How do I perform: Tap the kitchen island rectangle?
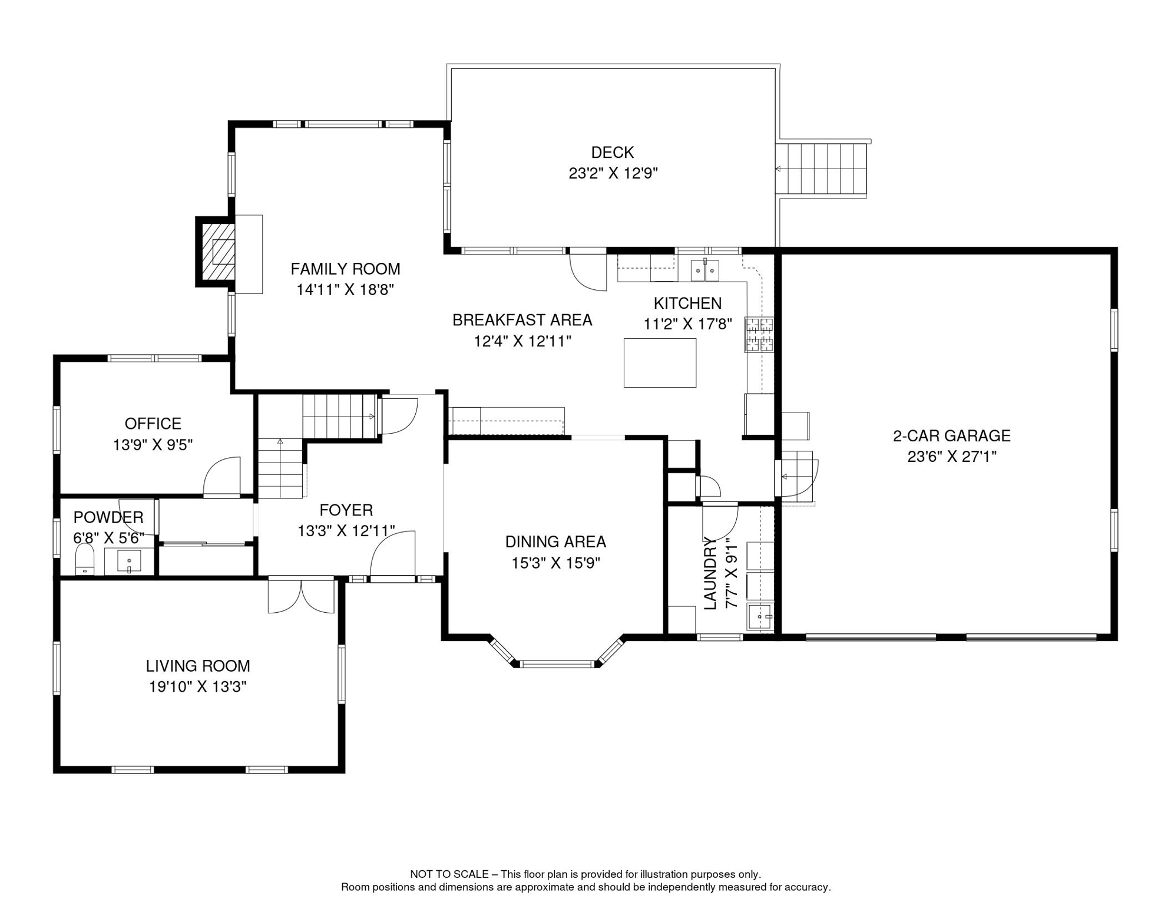click(660, 362)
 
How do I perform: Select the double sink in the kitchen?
click(704, 271)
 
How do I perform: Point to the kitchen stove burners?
click(759, 334)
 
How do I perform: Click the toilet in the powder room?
click(85, 560)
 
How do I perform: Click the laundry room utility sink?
click(760, 617)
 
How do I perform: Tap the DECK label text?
click(612, 153)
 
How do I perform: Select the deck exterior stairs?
click(822, 169)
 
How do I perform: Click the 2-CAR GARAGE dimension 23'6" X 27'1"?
click(951, 457)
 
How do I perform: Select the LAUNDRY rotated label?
click(710, 573)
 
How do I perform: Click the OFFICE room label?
click(153, 424)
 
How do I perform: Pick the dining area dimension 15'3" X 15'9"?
click(555, 563)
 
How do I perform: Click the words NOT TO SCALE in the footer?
click(449, 874)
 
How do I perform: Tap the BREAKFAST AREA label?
click(522, 320)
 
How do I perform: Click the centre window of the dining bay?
click(557, 665)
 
